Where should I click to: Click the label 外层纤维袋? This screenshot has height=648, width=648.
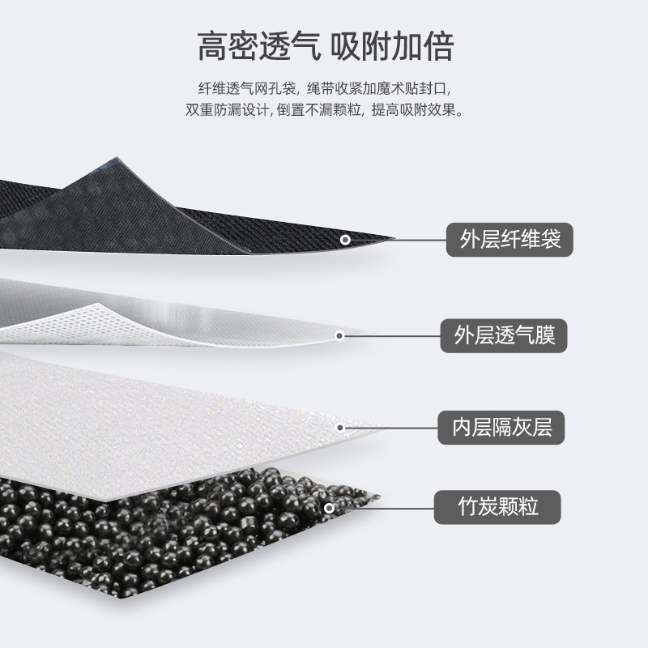504,239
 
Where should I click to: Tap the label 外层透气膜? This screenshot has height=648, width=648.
504,334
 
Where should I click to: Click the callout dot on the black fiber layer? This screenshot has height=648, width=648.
344,240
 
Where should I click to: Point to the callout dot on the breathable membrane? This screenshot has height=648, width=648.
340,335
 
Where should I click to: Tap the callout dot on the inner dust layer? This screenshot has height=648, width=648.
340,427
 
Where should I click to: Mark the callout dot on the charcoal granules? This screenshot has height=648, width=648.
329,509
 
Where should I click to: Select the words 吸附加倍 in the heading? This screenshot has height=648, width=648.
394,47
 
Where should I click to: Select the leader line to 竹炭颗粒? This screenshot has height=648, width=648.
385,509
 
